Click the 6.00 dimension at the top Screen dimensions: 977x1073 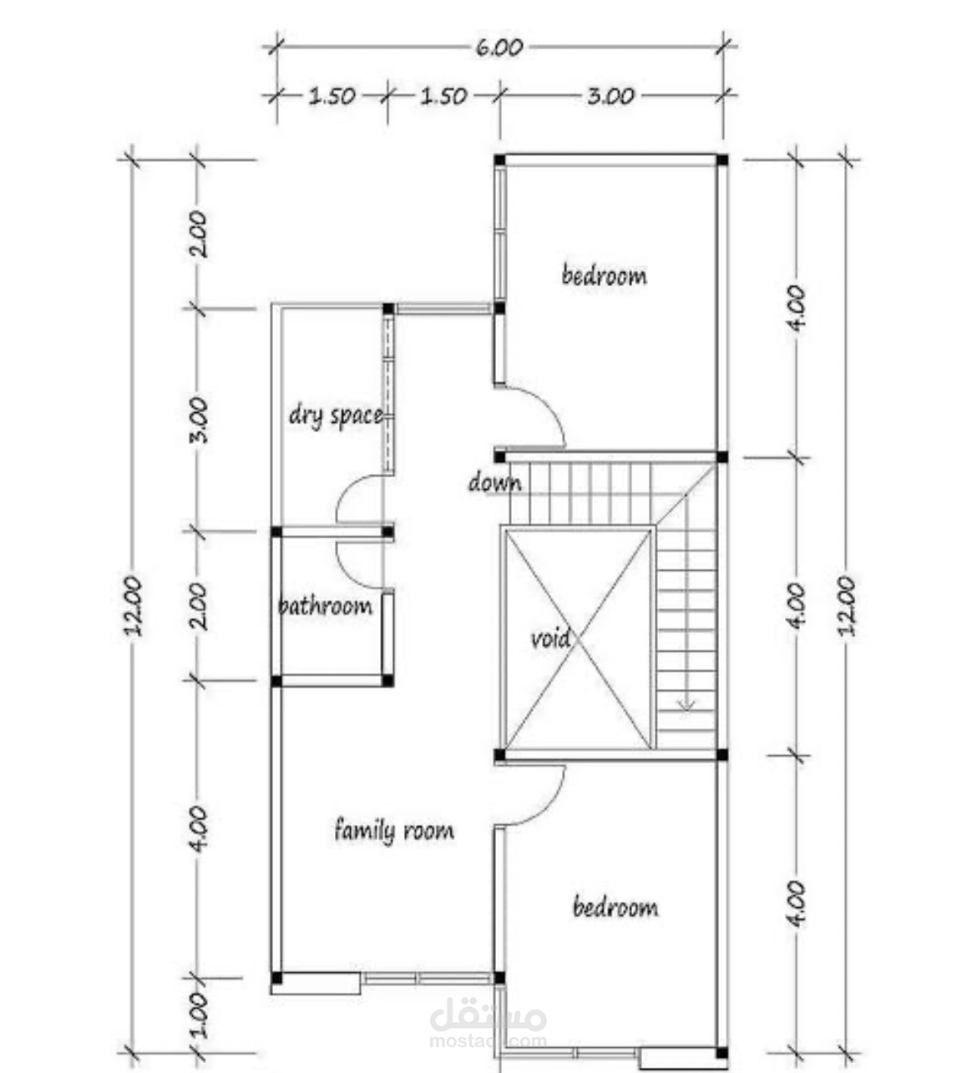pyautogui.click(x=499, y=48)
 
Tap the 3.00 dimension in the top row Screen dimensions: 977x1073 pyautogui.click(x=610, y=96)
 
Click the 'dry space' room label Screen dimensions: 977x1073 pyautogui.click(x=337, y=416)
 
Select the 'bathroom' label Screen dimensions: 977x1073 pyautogui.click(x=325, y=606)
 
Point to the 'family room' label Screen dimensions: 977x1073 pyautogui.click(x=394, y=831)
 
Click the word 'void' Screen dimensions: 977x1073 pyautogui.click(x=550, y=638)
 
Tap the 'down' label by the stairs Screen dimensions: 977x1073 pyautogui.click(x=494, y=482)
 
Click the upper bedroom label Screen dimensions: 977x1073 pyautogui.click(x=604, y=275)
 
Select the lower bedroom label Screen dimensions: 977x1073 pyautogui.click(x=615, y=907)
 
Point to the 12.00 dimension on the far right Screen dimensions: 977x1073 pyautogui.click(x=847, y=605)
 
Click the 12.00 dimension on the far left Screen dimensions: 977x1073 pyautogui.click(x=134, y=605)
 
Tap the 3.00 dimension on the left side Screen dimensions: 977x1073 pyautogui.click(x=199, y=420)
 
